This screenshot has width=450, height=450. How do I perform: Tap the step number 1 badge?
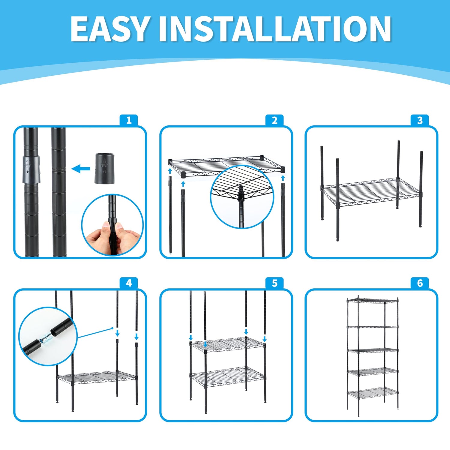(129, 120)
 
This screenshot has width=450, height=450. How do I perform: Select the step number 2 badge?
(274, 120)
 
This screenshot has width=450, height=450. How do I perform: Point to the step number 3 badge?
(420, 120)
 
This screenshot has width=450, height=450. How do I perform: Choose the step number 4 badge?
(129, 283)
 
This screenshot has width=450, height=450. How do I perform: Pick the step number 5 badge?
(274, 283)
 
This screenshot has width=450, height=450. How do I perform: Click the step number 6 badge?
(420, 283)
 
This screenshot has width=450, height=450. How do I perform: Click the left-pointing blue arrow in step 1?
(81, 169)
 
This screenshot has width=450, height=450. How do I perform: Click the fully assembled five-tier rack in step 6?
(373, 356)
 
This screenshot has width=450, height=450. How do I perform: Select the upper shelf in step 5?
(228, 344)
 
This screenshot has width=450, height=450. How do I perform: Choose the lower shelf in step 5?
(228, 377)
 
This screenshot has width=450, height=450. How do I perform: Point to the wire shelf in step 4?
(97, 378)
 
